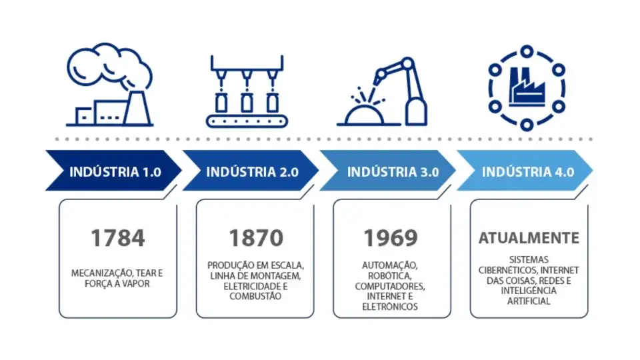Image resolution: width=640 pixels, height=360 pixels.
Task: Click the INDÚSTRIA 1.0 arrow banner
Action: pos(113,171)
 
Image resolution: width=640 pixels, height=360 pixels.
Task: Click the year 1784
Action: pos(118,238)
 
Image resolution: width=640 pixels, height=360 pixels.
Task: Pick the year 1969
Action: pos(391,238)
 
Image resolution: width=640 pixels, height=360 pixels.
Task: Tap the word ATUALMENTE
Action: pos(529,238)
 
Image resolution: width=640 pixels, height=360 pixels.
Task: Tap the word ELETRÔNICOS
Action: pos(391,307)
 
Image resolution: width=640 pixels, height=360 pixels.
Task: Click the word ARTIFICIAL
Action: pos(529,301)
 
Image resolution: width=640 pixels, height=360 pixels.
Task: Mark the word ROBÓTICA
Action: pos(391,275)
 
